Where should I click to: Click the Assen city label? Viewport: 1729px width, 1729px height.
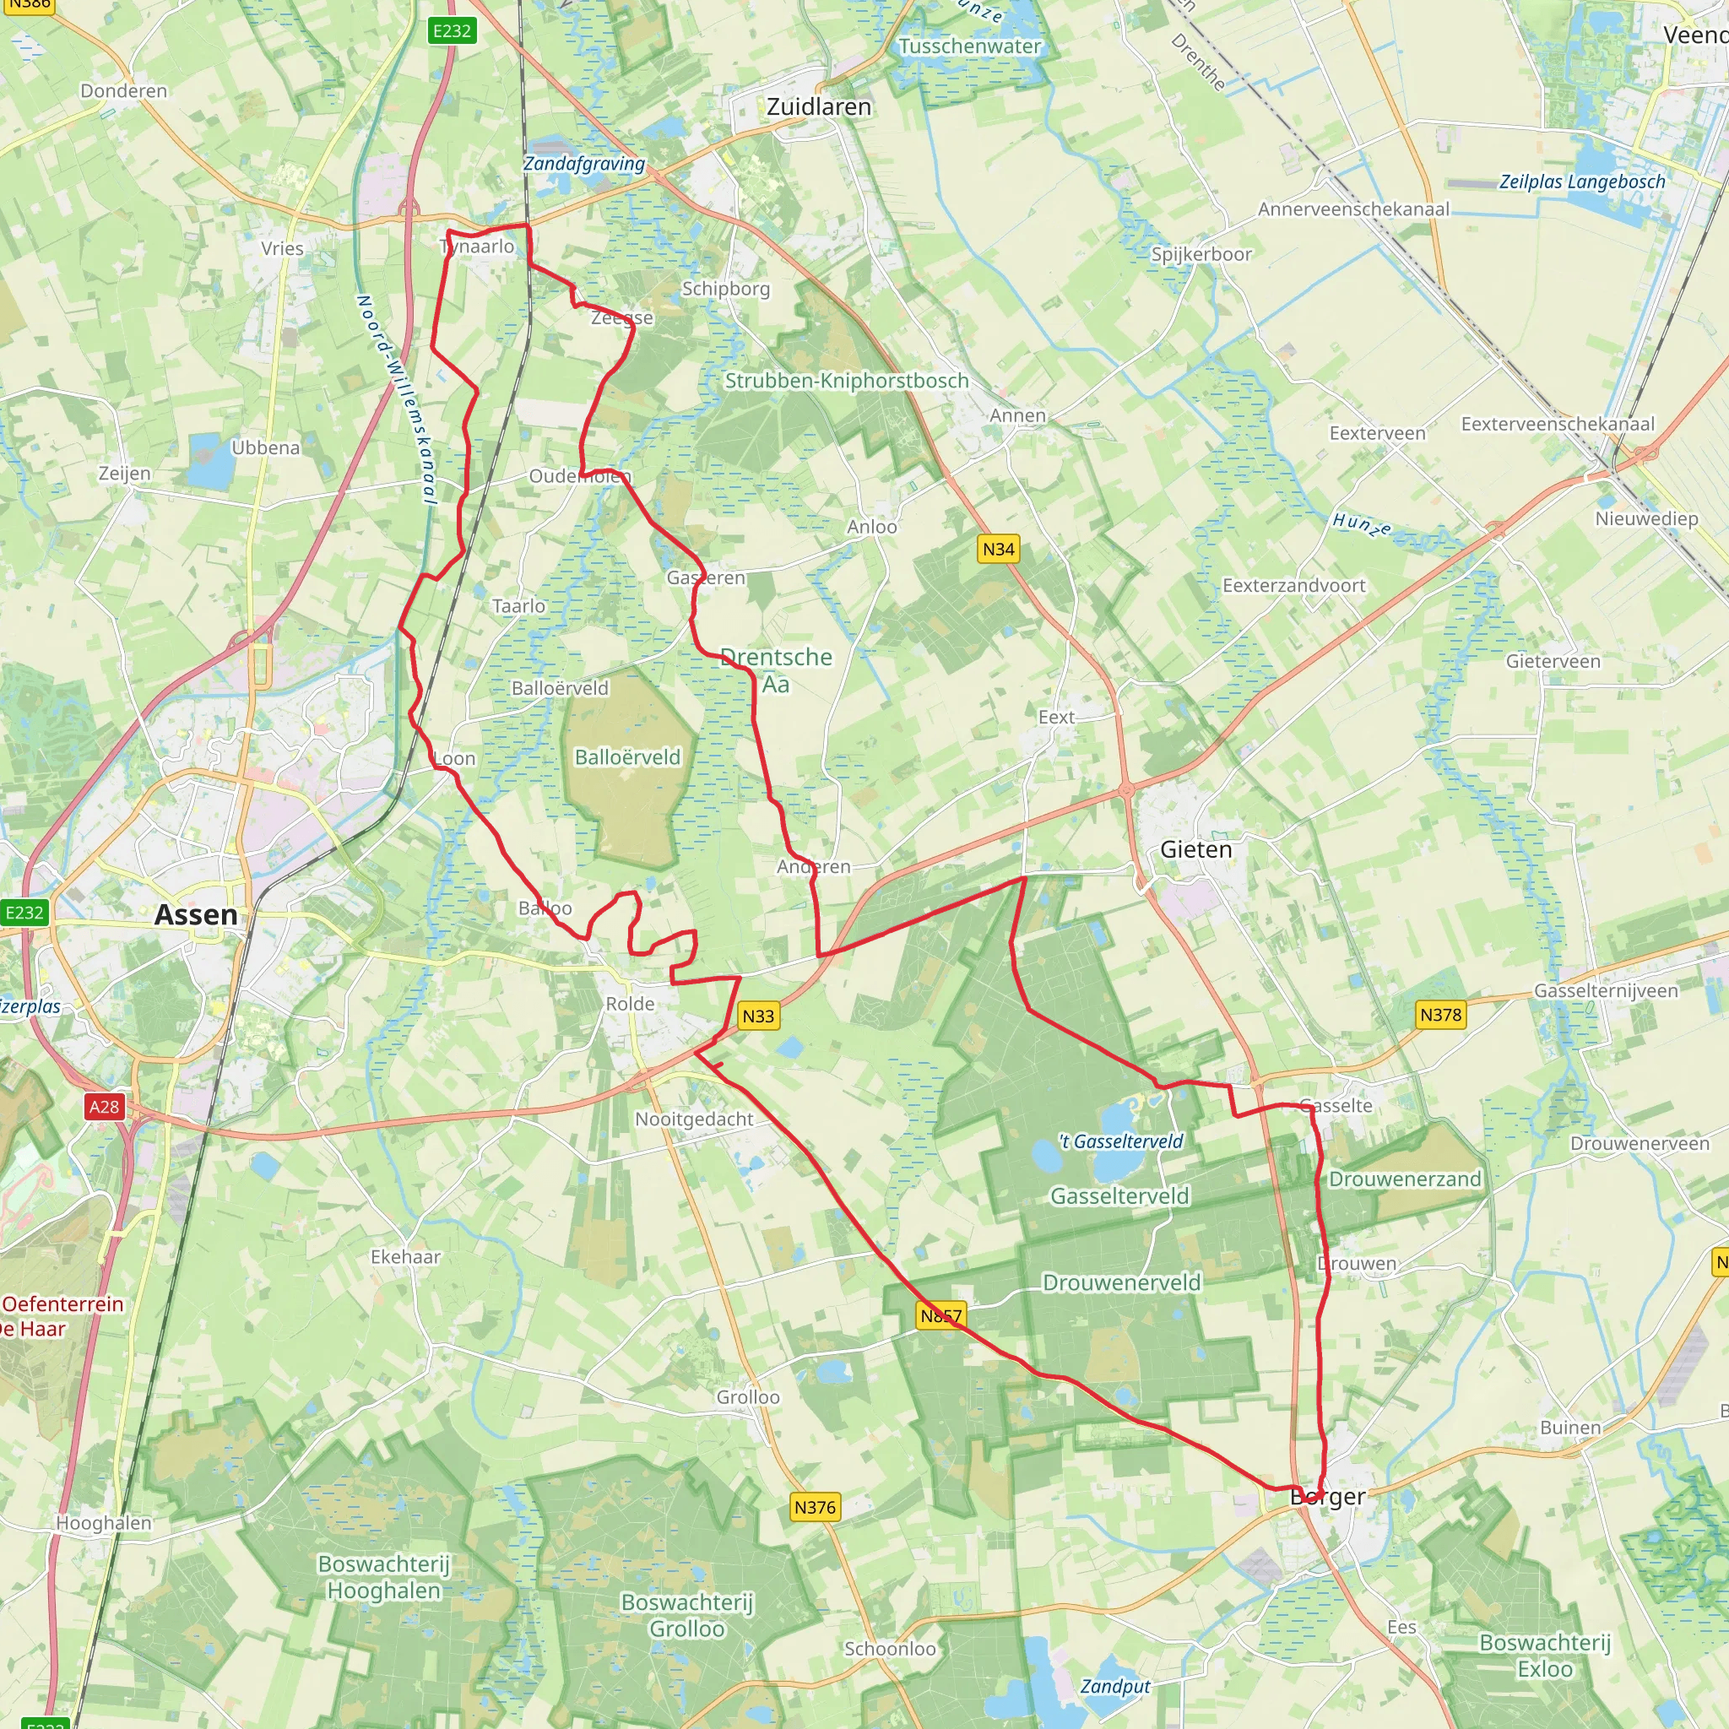(196, 914)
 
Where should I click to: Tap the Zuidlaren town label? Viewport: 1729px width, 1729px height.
(818, 107)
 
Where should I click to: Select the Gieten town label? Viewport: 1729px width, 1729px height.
(1195, 849)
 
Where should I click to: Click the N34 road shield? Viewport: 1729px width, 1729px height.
(998, 549)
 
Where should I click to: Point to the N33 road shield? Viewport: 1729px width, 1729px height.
(758, 1016)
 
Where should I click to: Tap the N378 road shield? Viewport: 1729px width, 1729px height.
(1440, 1015)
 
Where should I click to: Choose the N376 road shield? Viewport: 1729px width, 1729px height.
(815, 1507)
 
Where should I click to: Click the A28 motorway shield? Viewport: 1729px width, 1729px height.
(104, 1107)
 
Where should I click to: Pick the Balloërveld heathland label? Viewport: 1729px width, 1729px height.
(627, 757)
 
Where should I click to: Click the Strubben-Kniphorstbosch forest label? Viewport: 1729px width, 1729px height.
(847, 381)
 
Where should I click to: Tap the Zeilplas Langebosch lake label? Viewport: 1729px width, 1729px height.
(1582, 182)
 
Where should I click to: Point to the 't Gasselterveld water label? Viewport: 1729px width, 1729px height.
(1120, 1141)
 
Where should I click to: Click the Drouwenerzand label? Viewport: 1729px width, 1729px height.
(1404, 1179)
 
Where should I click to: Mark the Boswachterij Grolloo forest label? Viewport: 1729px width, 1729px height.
(686, 1614)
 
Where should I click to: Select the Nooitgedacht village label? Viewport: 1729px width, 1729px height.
(695, 1119)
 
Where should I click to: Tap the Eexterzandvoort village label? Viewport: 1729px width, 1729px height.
(1293, 585)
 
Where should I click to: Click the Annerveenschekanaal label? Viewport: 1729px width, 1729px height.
(1353, 209)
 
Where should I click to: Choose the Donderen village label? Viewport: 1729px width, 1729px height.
(123, 91)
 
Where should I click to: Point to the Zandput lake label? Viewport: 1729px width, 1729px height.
(1115, 1686)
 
